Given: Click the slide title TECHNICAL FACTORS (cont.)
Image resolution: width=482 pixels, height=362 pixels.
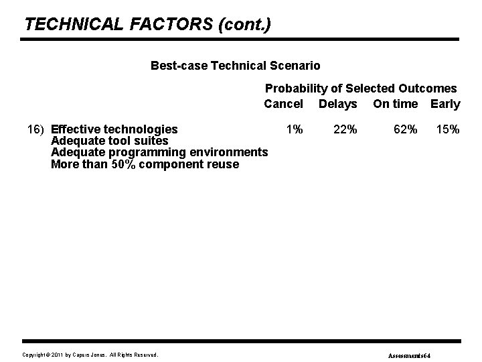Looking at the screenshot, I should point(148,25).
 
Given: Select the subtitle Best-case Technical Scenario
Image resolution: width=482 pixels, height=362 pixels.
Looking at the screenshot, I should point(235,66).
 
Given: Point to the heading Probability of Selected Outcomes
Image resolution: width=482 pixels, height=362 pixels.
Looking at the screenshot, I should point(361,88).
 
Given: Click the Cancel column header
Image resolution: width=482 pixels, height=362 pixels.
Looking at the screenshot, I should point(283,104).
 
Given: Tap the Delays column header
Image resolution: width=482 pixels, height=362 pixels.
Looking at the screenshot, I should point(337,104).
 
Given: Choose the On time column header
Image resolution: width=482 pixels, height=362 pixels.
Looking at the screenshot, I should point(395,104).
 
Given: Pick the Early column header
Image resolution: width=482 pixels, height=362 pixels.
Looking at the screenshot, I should point(445,104).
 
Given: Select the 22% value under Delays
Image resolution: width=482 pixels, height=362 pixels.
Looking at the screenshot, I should point(345,129).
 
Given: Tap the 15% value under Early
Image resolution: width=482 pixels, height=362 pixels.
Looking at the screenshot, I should point(448,129).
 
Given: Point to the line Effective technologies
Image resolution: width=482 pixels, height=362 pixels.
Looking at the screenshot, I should point(114,129).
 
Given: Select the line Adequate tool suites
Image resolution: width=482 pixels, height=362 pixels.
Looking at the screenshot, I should point(110,141).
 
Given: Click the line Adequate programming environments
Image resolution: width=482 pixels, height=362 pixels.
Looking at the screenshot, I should point(159,153).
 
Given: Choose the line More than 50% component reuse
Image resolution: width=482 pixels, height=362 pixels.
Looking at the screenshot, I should point(145,164).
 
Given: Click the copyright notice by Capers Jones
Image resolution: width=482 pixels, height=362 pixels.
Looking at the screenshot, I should point(90,354).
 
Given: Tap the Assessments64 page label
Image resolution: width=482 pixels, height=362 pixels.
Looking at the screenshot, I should point(410,354).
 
